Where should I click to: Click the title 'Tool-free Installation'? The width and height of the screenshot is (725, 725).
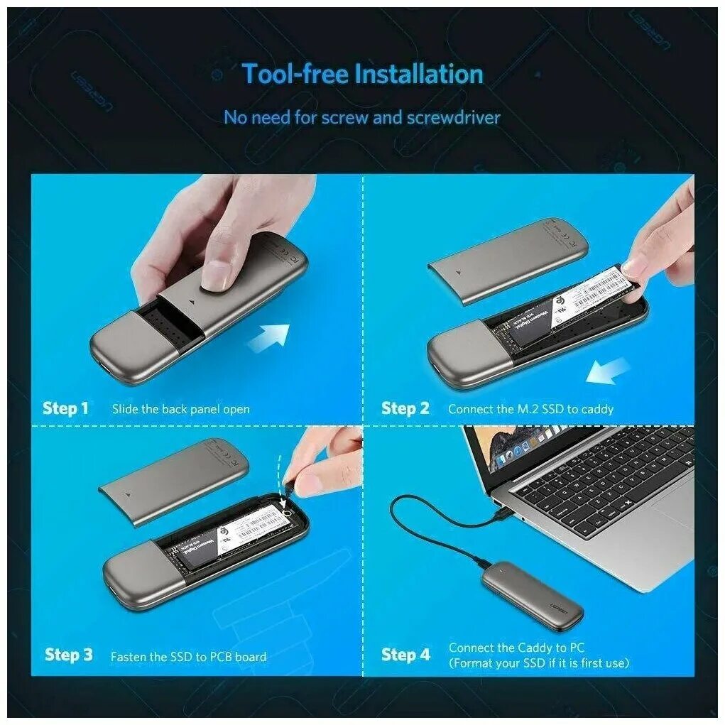coord(362,74)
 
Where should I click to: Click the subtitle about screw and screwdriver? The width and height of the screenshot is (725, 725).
coord(362,117)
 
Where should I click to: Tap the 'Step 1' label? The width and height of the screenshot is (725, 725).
coord(66,408)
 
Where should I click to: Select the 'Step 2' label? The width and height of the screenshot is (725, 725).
coord(405,408)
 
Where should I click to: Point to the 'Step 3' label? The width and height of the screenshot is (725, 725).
coord(68,655)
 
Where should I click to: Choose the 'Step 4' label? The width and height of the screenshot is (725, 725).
coord(405,655)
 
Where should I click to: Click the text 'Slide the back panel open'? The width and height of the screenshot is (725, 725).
coord(181,409)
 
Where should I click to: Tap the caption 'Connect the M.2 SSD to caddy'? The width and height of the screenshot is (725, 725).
coord(530,409)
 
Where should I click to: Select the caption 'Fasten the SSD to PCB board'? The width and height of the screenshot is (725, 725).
coord(188,657)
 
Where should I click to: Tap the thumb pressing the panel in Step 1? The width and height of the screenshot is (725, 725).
coord(219,274)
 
